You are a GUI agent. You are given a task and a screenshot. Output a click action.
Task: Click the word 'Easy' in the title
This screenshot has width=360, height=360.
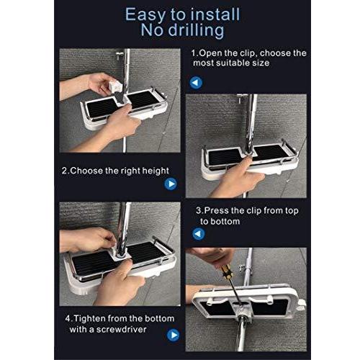[145, 16]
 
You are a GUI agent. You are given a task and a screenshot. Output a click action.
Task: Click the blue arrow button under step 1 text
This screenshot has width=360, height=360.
[196, 83]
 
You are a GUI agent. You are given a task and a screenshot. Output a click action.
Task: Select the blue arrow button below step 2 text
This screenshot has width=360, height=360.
[171, 184]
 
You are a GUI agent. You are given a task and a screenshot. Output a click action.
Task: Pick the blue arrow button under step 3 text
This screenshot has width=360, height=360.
[199, 233]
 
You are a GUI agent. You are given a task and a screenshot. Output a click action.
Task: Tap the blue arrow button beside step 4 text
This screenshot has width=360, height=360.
[173, 335]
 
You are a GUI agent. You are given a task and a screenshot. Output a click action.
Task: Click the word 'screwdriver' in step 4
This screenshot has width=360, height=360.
[121, 330]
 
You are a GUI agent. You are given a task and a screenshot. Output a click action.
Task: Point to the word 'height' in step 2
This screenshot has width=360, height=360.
[156, 171]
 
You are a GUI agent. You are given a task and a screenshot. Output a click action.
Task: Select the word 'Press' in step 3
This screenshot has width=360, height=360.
[217, 210]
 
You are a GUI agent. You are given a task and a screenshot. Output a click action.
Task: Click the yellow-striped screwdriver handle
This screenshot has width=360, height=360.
[226, 272]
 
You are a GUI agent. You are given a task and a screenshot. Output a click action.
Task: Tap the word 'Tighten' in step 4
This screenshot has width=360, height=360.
[89, 319]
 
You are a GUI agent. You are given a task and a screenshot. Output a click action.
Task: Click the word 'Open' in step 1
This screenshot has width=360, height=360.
[210, 53]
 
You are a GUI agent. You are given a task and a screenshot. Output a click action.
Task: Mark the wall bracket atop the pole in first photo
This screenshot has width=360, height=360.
[120, 56]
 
